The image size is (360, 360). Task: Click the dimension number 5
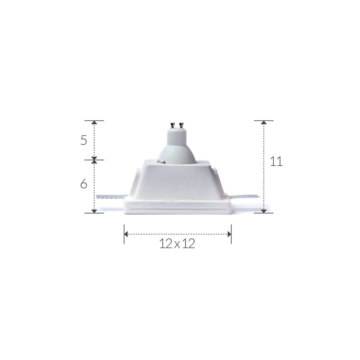84,140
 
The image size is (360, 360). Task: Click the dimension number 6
84,184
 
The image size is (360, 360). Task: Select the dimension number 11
276,161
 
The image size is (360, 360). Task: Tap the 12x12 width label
177,243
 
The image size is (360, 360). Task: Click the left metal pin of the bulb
172,125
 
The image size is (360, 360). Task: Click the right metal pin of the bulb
181,125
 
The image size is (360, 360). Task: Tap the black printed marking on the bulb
161,162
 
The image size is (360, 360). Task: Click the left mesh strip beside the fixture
113,196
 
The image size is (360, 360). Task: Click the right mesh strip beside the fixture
243,196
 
